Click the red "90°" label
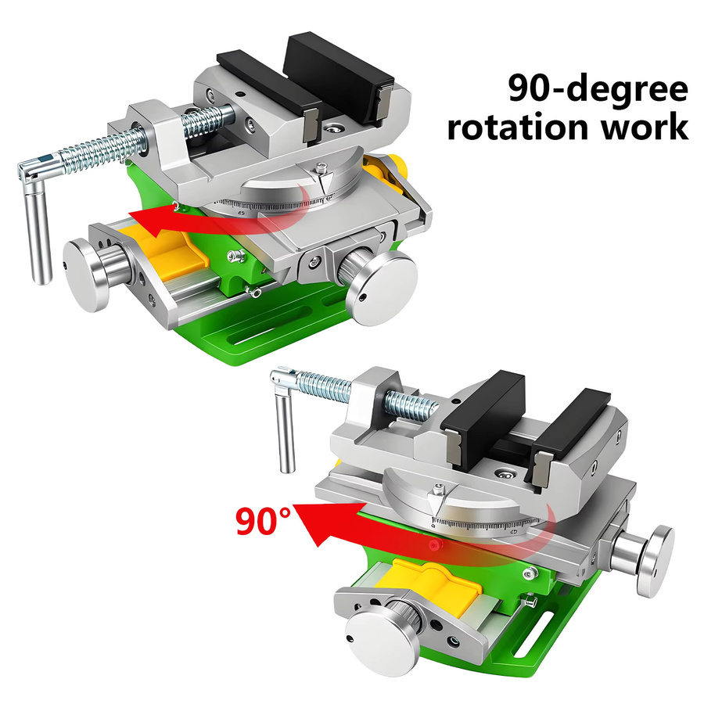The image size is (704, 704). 264,520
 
